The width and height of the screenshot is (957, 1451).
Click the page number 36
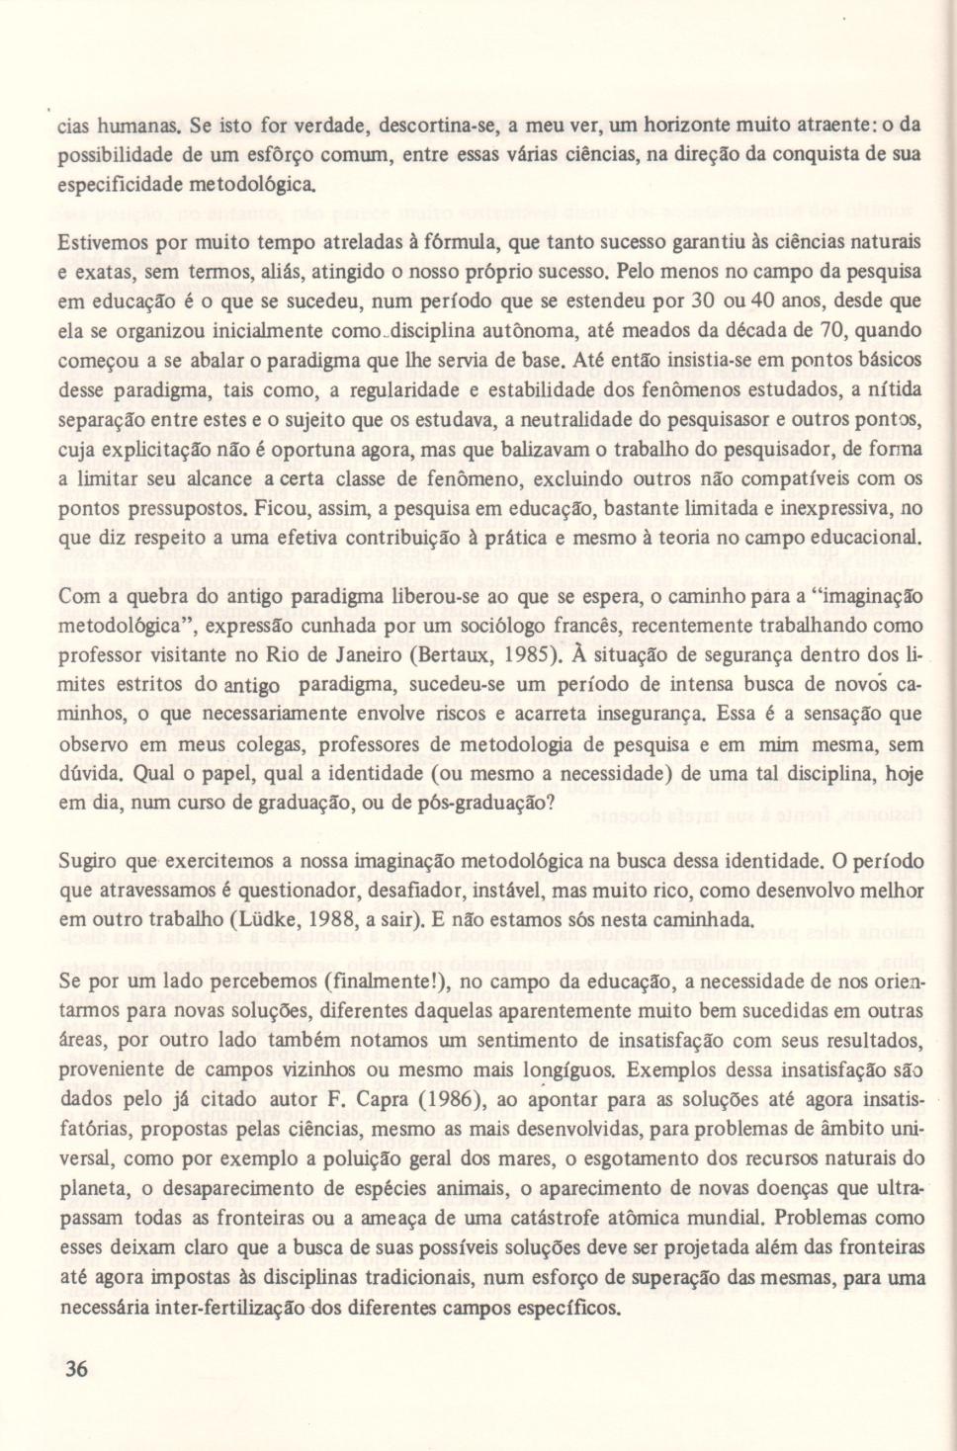coord(76,1368)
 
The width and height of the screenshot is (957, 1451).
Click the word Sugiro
coord(85,861)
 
